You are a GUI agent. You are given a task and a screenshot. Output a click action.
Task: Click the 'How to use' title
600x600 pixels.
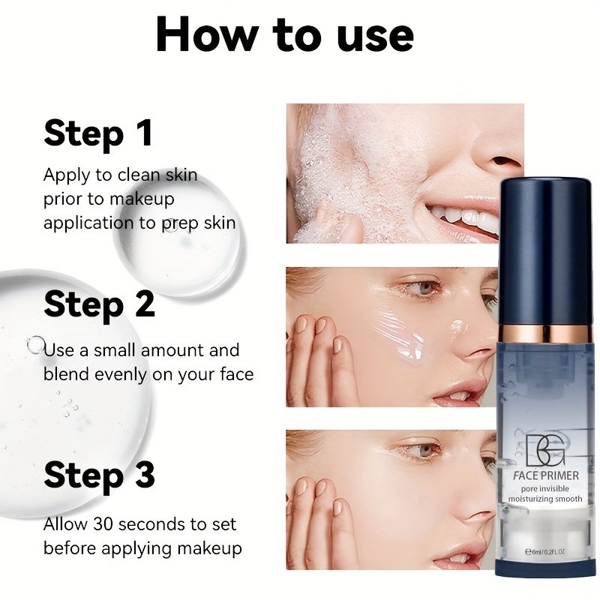[285, 34]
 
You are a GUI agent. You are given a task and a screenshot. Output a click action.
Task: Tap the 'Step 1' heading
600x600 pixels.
[98, 133]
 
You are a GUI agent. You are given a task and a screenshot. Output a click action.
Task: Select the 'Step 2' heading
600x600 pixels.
[99, 304]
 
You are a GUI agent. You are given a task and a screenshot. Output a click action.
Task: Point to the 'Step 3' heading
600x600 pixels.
[99, 475]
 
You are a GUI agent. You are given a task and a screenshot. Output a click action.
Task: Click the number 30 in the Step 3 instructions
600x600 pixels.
[103, 524]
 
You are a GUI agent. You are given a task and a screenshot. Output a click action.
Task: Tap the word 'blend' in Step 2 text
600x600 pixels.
[66, 373]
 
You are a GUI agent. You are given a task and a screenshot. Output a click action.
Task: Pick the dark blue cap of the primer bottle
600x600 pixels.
[546, 252]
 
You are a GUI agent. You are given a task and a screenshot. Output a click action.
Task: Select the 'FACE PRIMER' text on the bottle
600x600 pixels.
[546, 475]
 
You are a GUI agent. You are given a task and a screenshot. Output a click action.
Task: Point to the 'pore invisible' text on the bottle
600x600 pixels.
[545, 489]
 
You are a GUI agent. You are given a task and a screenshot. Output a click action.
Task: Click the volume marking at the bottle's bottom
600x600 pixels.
[545, 551]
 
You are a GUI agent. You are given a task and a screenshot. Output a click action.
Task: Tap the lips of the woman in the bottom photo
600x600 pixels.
[459, 556]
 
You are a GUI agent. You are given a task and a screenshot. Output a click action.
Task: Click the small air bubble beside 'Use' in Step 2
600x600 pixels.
[36, 344]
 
